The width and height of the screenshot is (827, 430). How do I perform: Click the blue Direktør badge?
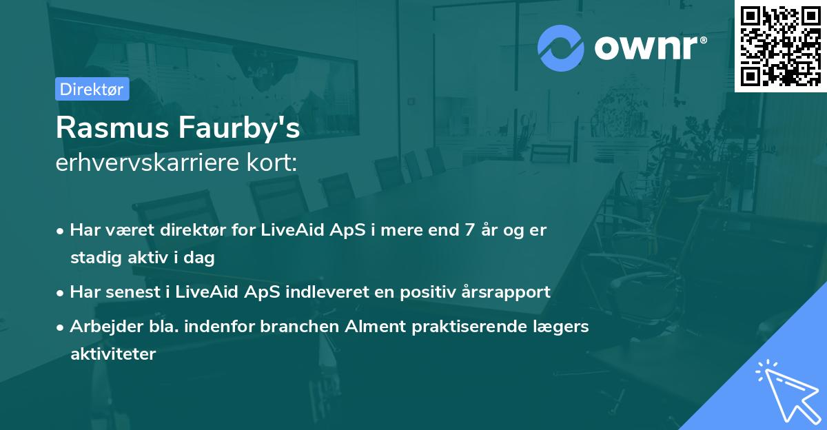click(92, 89)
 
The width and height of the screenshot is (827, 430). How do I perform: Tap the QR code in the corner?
click(780, 46)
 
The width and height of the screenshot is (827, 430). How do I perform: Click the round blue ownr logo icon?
click(560, 48)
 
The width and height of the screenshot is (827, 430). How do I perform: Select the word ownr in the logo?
click(646, 48)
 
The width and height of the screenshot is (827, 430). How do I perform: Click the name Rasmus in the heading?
click(112, 127)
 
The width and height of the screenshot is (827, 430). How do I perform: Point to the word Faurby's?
click(239, 128)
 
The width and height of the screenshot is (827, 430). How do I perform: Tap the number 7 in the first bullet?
click(469, 230)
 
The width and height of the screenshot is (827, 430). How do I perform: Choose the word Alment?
click(375, 326)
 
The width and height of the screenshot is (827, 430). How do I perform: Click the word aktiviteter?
click(113, 354)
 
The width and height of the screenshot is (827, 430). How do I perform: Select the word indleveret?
click(327, 292)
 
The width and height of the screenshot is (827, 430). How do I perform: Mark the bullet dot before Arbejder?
click(60, 327)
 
